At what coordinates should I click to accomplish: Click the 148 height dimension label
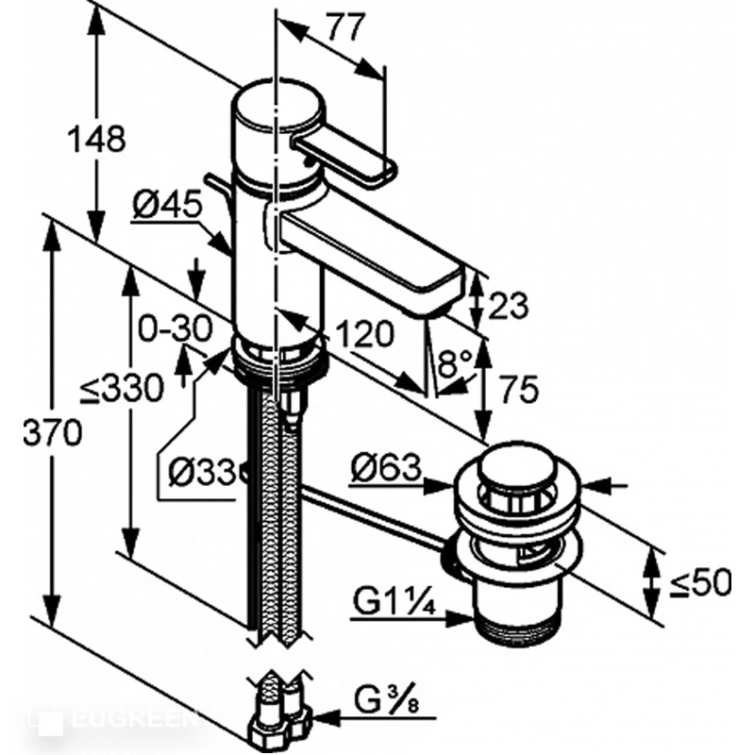(96, 139)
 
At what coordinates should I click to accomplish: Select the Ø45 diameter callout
(167, 206)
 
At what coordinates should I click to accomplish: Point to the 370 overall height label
(53, 432)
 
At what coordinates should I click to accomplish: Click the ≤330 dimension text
(122, 388)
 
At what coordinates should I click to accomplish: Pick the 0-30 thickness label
(175, 328)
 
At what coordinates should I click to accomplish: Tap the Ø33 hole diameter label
(203, 471)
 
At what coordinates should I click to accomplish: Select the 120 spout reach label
(364, 334)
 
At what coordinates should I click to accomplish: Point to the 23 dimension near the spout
(508, 306)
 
